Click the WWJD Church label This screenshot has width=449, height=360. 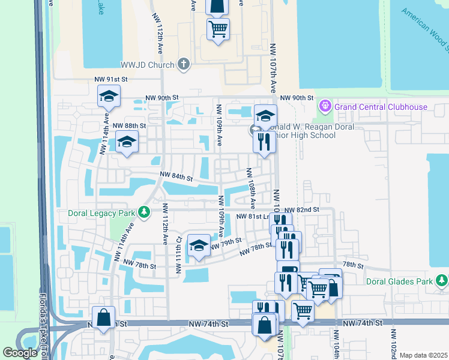147,64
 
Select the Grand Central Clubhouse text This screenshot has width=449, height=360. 381,107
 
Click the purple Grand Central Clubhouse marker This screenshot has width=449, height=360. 325,107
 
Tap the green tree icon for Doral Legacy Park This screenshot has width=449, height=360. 143,212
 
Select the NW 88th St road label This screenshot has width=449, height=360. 129,125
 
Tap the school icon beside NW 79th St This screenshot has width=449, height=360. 199,246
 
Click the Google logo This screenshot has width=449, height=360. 20,353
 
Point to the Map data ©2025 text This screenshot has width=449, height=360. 423,355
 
